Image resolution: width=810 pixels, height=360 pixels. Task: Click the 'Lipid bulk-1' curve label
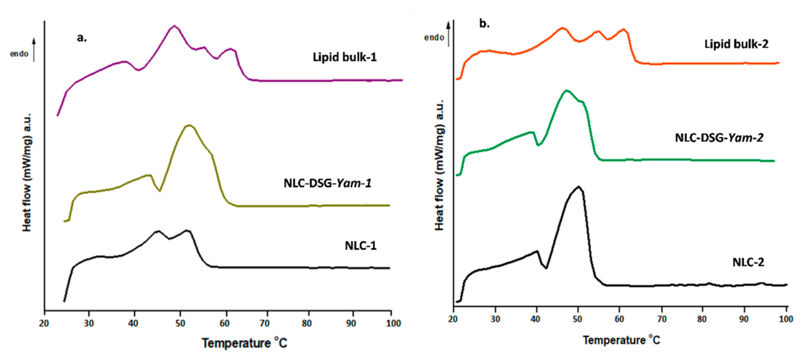(344, 57)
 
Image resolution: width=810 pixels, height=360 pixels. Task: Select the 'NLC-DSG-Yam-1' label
(327, 183)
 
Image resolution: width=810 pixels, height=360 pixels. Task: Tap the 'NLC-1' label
(361, 246)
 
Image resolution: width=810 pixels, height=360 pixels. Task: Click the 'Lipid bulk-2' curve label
(736, 44)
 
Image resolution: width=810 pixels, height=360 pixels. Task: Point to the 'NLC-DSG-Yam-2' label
(719, 138)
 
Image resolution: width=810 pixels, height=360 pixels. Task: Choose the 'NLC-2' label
(748, 262)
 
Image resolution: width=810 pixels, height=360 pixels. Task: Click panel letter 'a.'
(82, 37)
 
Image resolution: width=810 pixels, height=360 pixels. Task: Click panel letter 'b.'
(484, 24)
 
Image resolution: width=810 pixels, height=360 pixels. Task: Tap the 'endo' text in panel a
(19, 54)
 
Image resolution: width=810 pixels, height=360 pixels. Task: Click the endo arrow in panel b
(449, 33)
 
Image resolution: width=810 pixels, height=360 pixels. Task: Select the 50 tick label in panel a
(179, 324)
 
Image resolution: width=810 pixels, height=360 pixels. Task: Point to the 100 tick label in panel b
(785, 319)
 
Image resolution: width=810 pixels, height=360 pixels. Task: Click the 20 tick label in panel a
(44, 324)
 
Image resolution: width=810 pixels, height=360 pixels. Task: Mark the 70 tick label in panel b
(661, 319)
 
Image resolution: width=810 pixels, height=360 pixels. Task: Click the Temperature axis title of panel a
(244, 343)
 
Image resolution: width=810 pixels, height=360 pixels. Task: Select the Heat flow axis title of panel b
(439, 165)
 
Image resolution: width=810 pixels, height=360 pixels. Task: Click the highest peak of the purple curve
(174, 26)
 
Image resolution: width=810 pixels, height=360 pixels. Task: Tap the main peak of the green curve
(566, 91)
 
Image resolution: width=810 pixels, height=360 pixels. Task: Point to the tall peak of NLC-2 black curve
(578, 187)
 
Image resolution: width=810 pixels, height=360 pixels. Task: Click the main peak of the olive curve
(190, 125)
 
